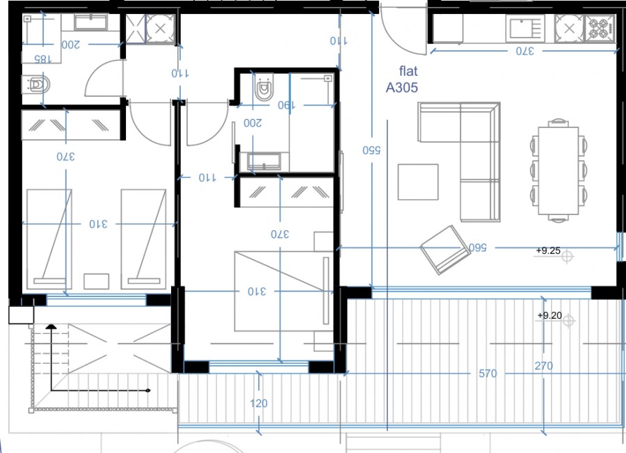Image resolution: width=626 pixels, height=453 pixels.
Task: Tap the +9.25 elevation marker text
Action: coord(548,250)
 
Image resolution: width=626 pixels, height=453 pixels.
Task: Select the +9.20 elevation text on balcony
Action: coord(549,315)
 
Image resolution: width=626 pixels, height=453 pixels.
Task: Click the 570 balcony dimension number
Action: coord(488,374)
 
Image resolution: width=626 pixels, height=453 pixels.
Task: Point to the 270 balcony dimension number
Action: coord(544,366)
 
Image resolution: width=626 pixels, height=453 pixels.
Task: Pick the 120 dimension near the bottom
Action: coord(259,404)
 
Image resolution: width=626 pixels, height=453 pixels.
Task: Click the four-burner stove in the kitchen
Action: coord(597,29)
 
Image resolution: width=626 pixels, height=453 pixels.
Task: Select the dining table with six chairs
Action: coord(558,170)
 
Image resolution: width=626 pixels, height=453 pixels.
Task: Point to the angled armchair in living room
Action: coord(444,249)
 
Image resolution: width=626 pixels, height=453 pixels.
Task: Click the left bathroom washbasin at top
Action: coord(90,24)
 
